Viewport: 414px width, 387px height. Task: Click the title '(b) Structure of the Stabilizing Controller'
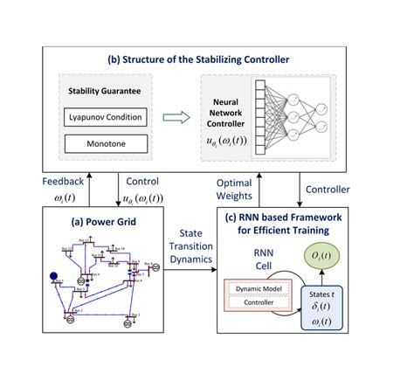point(206,60)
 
